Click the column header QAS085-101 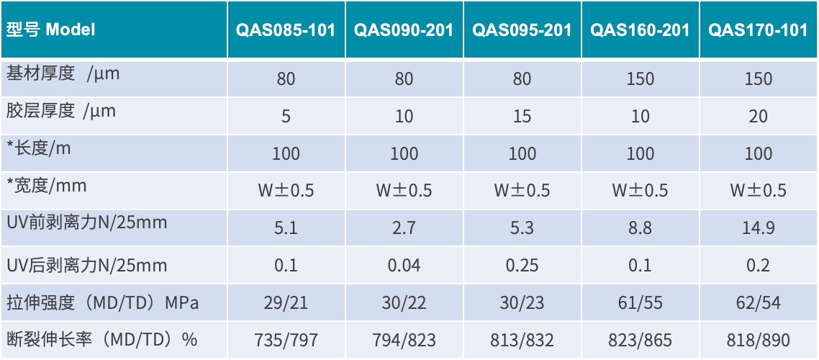pos(286,31)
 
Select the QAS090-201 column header pos(404,31)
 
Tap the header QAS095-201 pos(522,31)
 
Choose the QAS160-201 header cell pos(640,31)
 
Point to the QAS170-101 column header pos(758,31)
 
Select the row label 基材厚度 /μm pos(63,74)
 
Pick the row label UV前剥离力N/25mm pos(86,222)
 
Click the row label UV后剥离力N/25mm pos(86,266)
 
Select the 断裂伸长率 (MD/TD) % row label pos(101,339)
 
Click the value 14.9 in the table pos(758,228)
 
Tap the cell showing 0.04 pos(404,266)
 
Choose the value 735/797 pos(286,340)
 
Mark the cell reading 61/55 pos(640,303)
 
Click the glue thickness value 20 pos(758,117)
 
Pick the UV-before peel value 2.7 pos(404,228)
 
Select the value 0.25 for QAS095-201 pos(522,266)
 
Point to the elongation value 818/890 pos(758,340)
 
